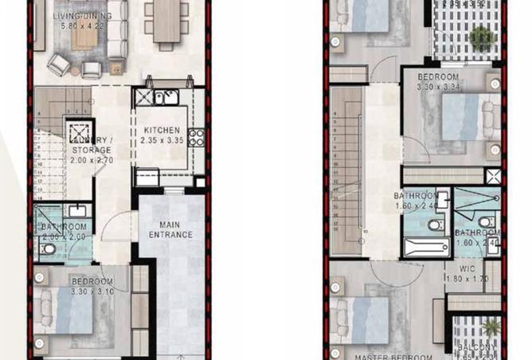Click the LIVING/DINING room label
tap(83, 15)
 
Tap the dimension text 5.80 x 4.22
tap(83, 25)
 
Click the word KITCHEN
tap(162, 131)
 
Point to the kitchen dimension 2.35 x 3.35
tap(163, 141)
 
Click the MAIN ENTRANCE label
tap(170, 229)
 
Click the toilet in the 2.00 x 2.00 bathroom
tap(49, 249)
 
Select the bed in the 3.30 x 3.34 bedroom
tap(461, 116)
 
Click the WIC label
tap(466, 268)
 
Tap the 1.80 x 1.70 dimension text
tap(466, 279)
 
